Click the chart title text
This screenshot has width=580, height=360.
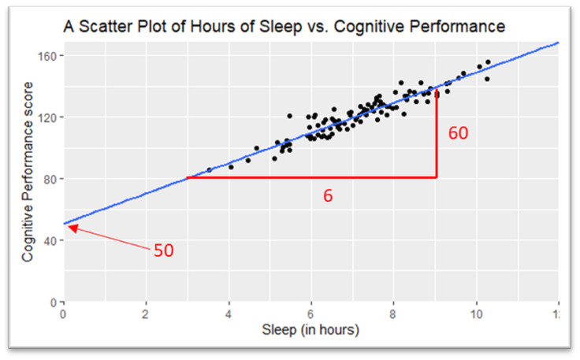point(284,28)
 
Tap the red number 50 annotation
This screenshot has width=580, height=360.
point(163,251)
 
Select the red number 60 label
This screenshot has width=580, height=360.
point(458,133)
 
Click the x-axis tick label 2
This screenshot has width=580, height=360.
point(145,314)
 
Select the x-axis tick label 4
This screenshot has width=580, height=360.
point(229,314)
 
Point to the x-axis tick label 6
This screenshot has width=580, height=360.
point(311,314)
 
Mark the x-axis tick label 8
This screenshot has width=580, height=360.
point(394,314)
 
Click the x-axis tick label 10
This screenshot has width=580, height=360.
point(476,314)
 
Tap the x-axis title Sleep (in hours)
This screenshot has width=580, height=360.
point(310,329)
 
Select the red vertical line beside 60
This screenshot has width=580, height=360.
point(437,134)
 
